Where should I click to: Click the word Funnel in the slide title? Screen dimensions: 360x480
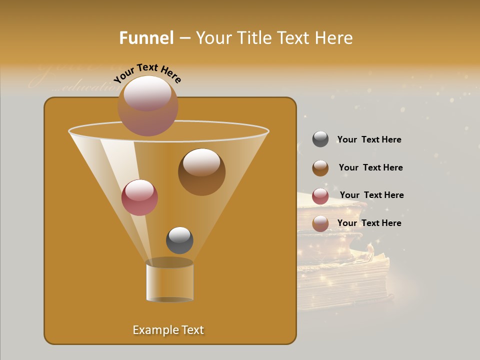click(146, 38)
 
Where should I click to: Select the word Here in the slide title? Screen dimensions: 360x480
click(334, 38)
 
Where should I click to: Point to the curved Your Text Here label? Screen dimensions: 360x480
click(147, 72)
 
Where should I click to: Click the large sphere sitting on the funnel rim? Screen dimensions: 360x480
click(147, 105)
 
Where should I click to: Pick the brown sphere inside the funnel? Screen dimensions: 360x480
click(201, 171)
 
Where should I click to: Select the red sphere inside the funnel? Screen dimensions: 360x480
click(139, 197)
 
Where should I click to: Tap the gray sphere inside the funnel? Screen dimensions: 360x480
click(179, 240)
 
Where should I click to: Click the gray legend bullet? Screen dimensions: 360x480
click(320, 139)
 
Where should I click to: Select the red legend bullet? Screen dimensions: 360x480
click(320, 196)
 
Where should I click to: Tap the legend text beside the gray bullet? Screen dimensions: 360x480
click(369, 140)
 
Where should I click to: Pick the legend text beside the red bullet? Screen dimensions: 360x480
click(371, 195)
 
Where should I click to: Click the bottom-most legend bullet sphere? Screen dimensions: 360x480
click(320, 223)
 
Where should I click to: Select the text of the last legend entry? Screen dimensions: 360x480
click(369, 223)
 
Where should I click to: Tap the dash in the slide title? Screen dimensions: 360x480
click(184, 38)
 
